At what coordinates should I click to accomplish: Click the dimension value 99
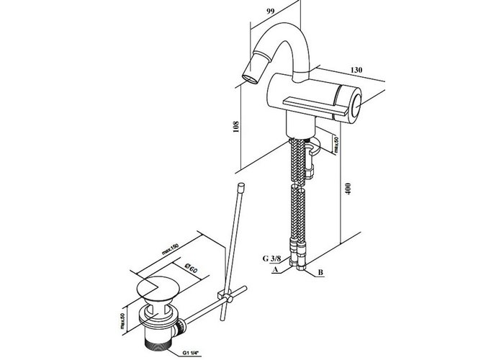270,12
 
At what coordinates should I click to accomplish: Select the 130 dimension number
356,70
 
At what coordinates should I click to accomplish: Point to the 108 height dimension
236,127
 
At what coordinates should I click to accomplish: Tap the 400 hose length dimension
348,189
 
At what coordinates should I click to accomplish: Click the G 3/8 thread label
271,258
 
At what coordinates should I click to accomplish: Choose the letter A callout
275,270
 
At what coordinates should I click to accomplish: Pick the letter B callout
320,273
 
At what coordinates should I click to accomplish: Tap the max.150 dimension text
170,249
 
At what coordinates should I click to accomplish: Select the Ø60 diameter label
191,267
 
